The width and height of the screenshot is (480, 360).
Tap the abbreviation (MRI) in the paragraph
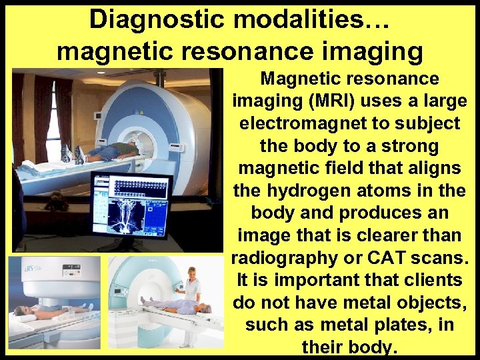click(309, 101)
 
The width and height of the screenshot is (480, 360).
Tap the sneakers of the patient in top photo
click(73, 155)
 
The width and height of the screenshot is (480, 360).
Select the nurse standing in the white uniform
click(193, 287)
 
